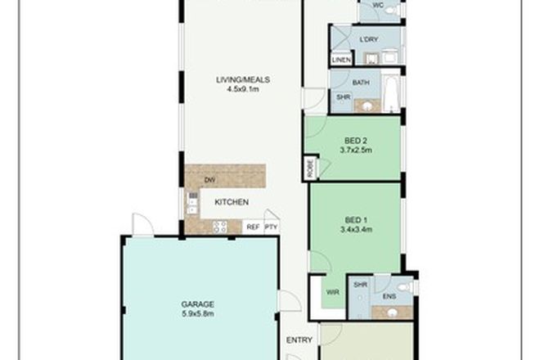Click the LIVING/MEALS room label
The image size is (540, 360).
(243, 79)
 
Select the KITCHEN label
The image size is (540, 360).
(232, 202)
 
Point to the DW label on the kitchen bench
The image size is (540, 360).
(209, 180)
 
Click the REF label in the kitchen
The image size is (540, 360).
(253, 226)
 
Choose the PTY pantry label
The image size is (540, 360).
(271, 226)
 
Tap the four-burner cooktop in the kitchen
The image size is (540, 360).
(219, 227)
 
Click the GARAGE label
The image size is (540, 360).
(198, 304)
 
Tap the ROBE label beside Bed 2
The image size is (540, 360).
(309, 168)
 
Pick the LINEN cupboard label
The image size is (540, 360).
(340, 59)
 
